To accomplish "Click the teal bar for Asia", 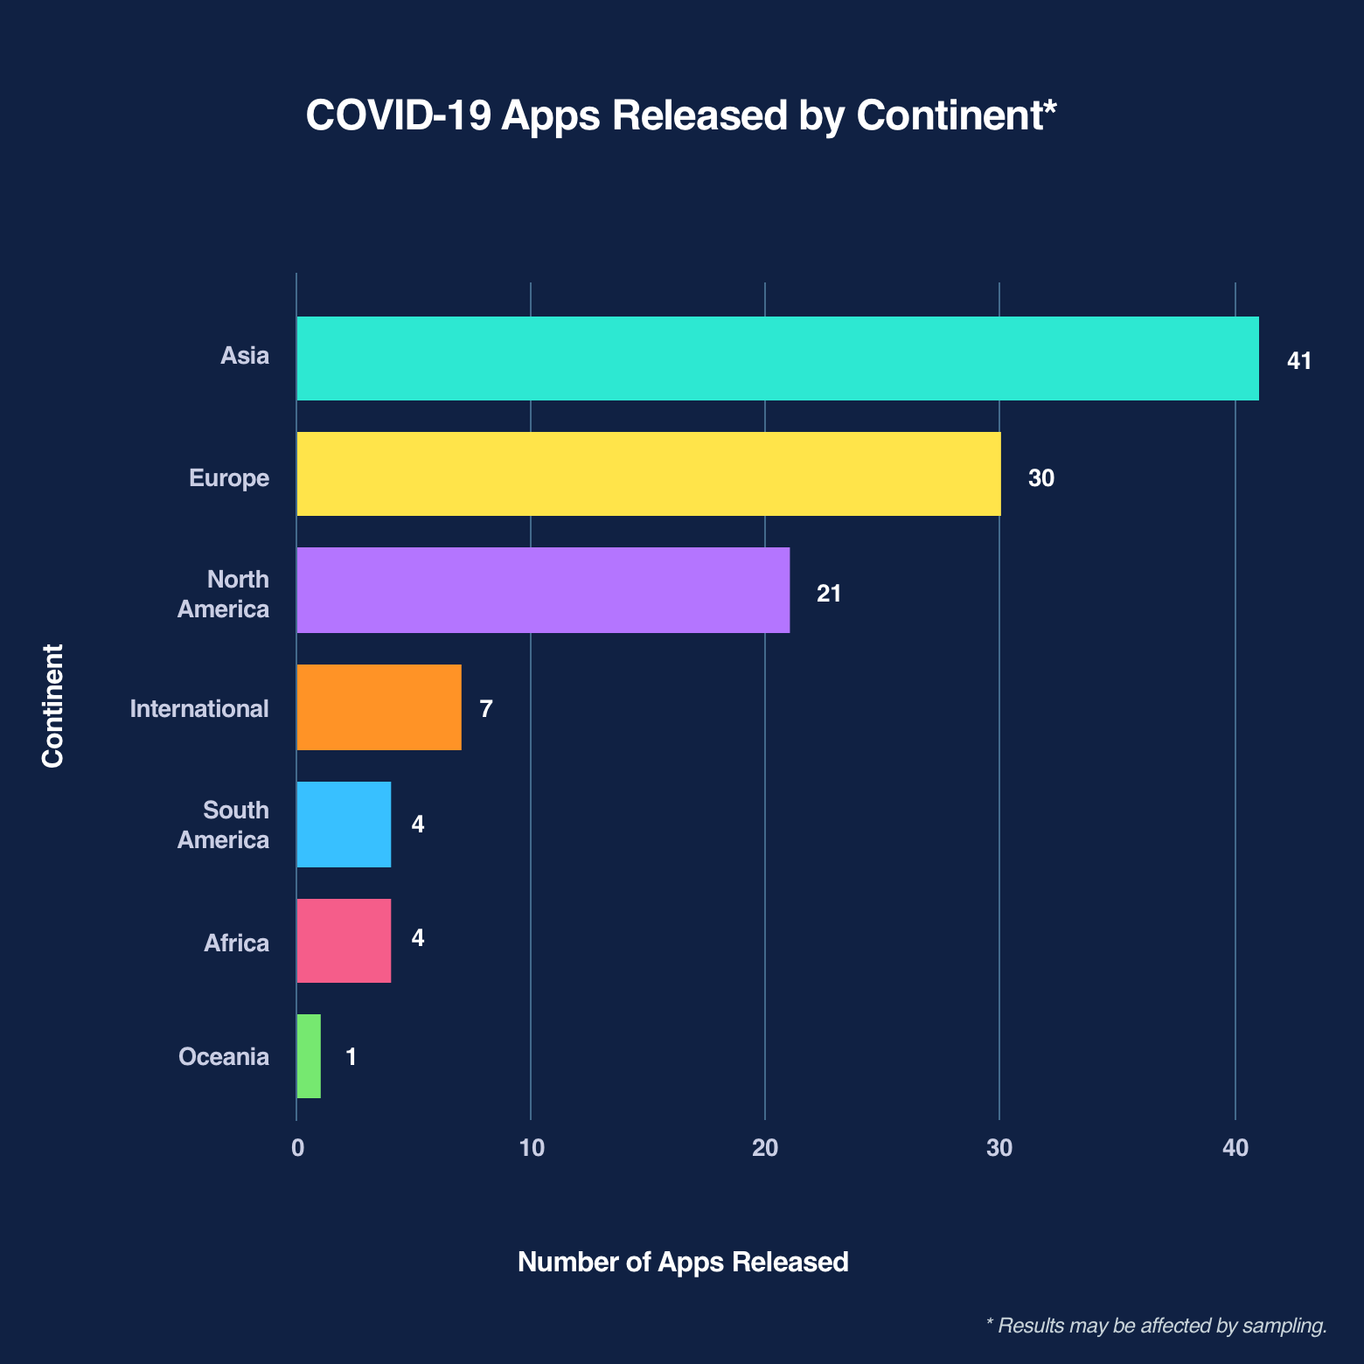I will point(777,358).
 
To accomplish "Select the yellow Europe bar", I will point(648,474).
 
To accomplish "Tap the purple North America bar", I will point(543,590).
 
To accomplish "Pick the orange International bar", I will point(379,706).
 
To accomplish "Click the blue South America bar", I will point(344,824).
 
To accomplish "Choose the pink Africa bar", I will point(344,941).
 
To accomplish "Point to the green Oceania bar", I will point(309,1056).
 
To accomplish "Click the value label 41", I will point(1299,360).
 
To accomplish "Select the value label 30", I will point(1040,478).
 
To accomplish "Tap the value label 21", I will point(828,595).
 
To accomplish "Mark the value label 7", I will point(486,708).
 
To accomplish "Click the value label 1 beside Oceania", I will point(351,1057).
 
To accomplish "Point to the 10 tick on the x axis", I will point(531,1148).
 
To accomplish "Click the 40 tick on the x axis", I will point(1235,1148).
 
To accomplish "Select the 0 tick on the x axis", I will point(297,1148).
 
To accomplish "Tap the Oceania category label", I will point(224,1057).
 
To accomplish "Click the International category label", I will point(199,708).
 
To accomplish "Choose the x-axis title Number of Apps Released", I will point(683,1262).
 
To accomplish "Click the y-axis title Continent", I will point(53,706).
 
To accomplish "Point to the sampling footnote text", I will point(1156,1326).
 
